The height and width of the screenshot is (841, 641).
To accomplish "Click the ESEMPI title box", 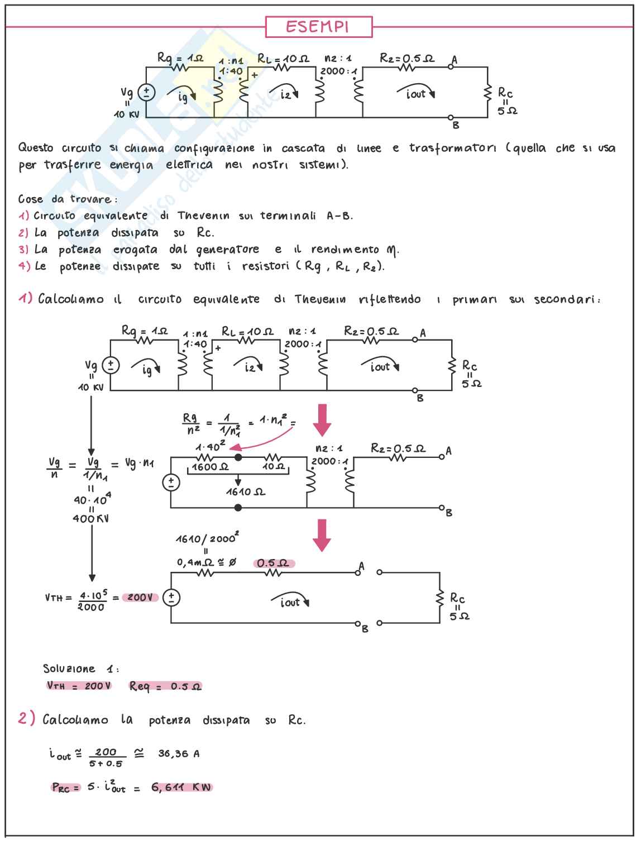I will tap(318, 27).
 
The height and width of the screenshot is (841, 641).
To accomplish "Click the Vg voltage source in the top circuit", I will tap(146, 92).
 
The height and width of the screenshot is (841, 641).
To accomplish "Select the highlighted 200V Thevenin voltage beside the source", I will tap(140, 598).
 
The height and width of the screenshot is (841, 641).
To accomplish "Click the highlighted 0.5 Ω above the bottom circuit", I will tap(274, 563).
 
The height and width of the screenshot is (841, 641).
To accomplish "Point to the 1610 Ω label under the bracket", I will tap(245, 492).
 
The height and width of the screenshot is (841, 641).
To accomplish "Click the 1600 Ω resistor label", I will tap(209, 466).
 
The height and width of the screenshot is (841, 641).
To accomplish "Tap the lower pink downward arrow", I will tap(322, 535).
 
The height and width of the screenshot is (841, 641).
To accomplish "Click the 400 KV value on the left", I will tap(90, 518).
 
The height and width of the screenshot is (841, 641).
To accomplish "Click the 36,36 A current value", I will tap(179, 753).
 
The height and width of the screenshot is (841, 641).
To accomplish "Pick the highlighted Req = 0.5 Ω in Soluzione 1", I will tap(165, 686).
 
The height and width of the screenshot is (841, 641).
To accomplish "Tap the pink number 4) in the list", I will tap(25, 266).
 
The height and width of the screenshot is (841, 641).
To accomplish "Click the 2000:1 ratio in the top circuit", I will tap(338, 71).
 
